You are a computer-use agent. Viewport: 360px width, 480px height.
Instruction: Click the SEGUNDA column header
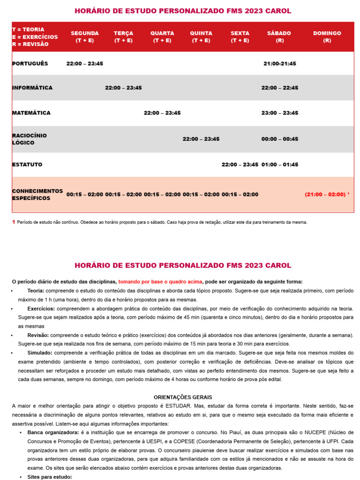coord(84,37)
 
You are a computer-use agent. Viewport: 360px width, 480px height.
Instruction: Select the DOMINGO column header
coord(327,37)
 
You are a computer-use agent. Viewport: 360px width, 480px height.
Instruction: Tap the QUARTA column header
coord(162,37)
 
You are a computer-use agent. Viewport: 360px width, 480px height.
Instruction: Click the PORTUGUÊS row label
coord(30,63)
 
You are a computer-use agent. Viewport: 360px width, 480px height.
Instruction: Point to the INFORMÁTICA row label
coord(32,88)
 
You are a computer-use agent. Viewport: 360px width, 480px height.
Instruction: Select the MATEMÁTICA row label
coord(31,113)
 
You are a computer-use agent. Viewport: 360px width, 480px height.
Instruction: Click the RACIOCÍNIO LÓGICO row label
coord(30,139)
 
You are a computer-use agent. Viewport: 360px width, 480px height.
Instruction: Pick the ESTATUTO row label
coord(27,165)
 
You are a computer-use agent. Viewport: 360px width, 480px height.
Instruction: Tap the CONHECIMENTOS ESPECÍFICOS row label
coord(37,195)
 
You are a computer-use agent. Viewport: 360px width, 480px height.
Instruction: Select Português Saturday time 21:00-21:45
coord(280,64)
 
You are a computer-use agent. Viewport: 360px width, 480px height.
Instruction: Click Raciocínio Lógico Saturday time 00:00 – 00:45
coord(280,139)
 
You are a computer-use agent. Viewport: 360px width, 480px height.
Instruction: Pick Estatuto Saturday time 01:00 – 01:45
coord(280,165)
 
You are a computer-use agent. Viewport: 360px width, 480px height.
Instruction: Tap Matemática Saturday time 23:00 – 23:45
coord(280,113)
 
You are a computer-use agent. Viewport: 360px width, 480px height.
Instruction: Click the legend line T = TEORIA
coord(28,30)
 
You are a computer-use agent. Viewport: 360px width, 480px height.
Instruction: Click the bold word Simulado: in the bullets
coord(41,352)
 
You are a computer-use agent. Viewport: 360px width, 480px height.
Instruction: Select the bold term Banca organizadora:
coord(53,432)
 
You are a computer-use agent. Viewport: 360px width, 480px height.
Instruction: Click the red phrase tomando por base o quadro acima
coord(160,282)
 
